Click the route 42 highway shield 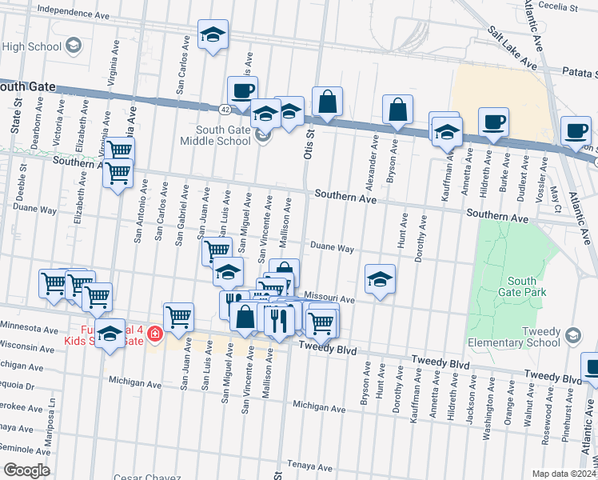pos(226,108)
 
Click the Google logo pos(26,470)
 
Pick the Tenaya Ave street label pos(309,465)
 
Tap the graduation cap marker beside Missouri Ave pos(381,280)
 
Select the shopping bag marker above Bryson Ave pos(397,110)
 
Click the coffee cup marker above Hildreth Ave pos(493,123)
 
